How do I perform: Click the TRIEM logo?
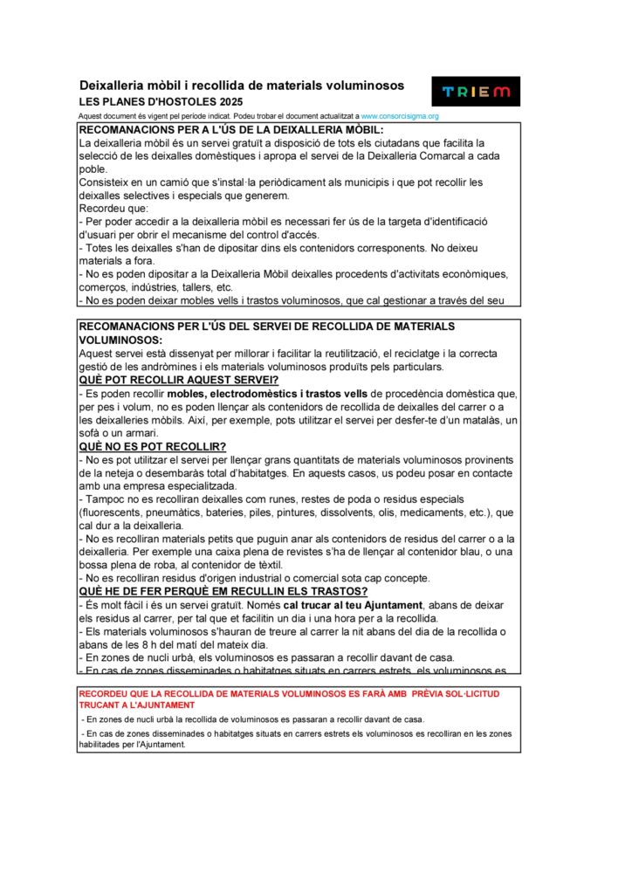(476, 92)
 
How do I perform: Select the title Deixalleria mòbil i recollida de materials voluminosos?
(242, 86)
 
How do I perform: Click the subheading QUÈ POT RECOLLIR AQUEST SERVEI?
(178, 380)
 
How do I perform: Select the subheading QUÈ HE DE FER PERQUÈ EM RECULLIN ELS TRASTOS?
(210, 591)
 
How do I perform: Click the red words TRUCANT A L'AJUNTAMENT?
(137, 705)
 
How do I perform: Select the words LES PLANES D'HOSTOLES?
(131, 102)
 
